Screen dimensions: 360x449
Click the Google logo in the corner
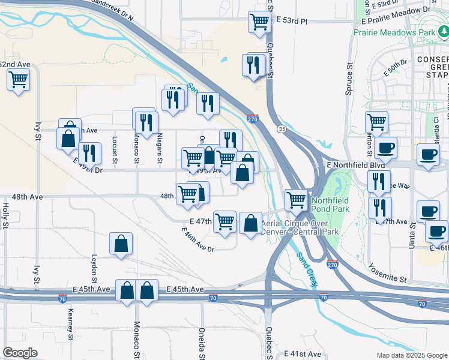click(x=20, y=353)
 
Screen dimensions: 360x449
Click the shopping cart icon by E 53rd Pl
click(x=259, y=22)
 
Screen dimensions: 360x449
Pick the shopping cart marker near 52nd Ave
click(x=18, y=79)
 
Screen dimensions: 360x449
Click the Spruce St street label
click(x=348, y=80)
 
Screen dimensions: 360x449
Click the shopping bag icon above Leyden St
click(x=121, y=244)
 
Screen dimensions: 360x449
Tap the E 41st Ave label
click(x=303, y=354)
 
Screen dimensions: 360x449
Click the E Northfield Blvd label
click(x=355, y=164)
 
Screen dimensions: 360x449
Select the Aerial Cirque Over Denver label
click(x=300, y=227)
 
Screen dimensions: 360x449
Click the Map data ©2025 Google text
click(x=411, y=355)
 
